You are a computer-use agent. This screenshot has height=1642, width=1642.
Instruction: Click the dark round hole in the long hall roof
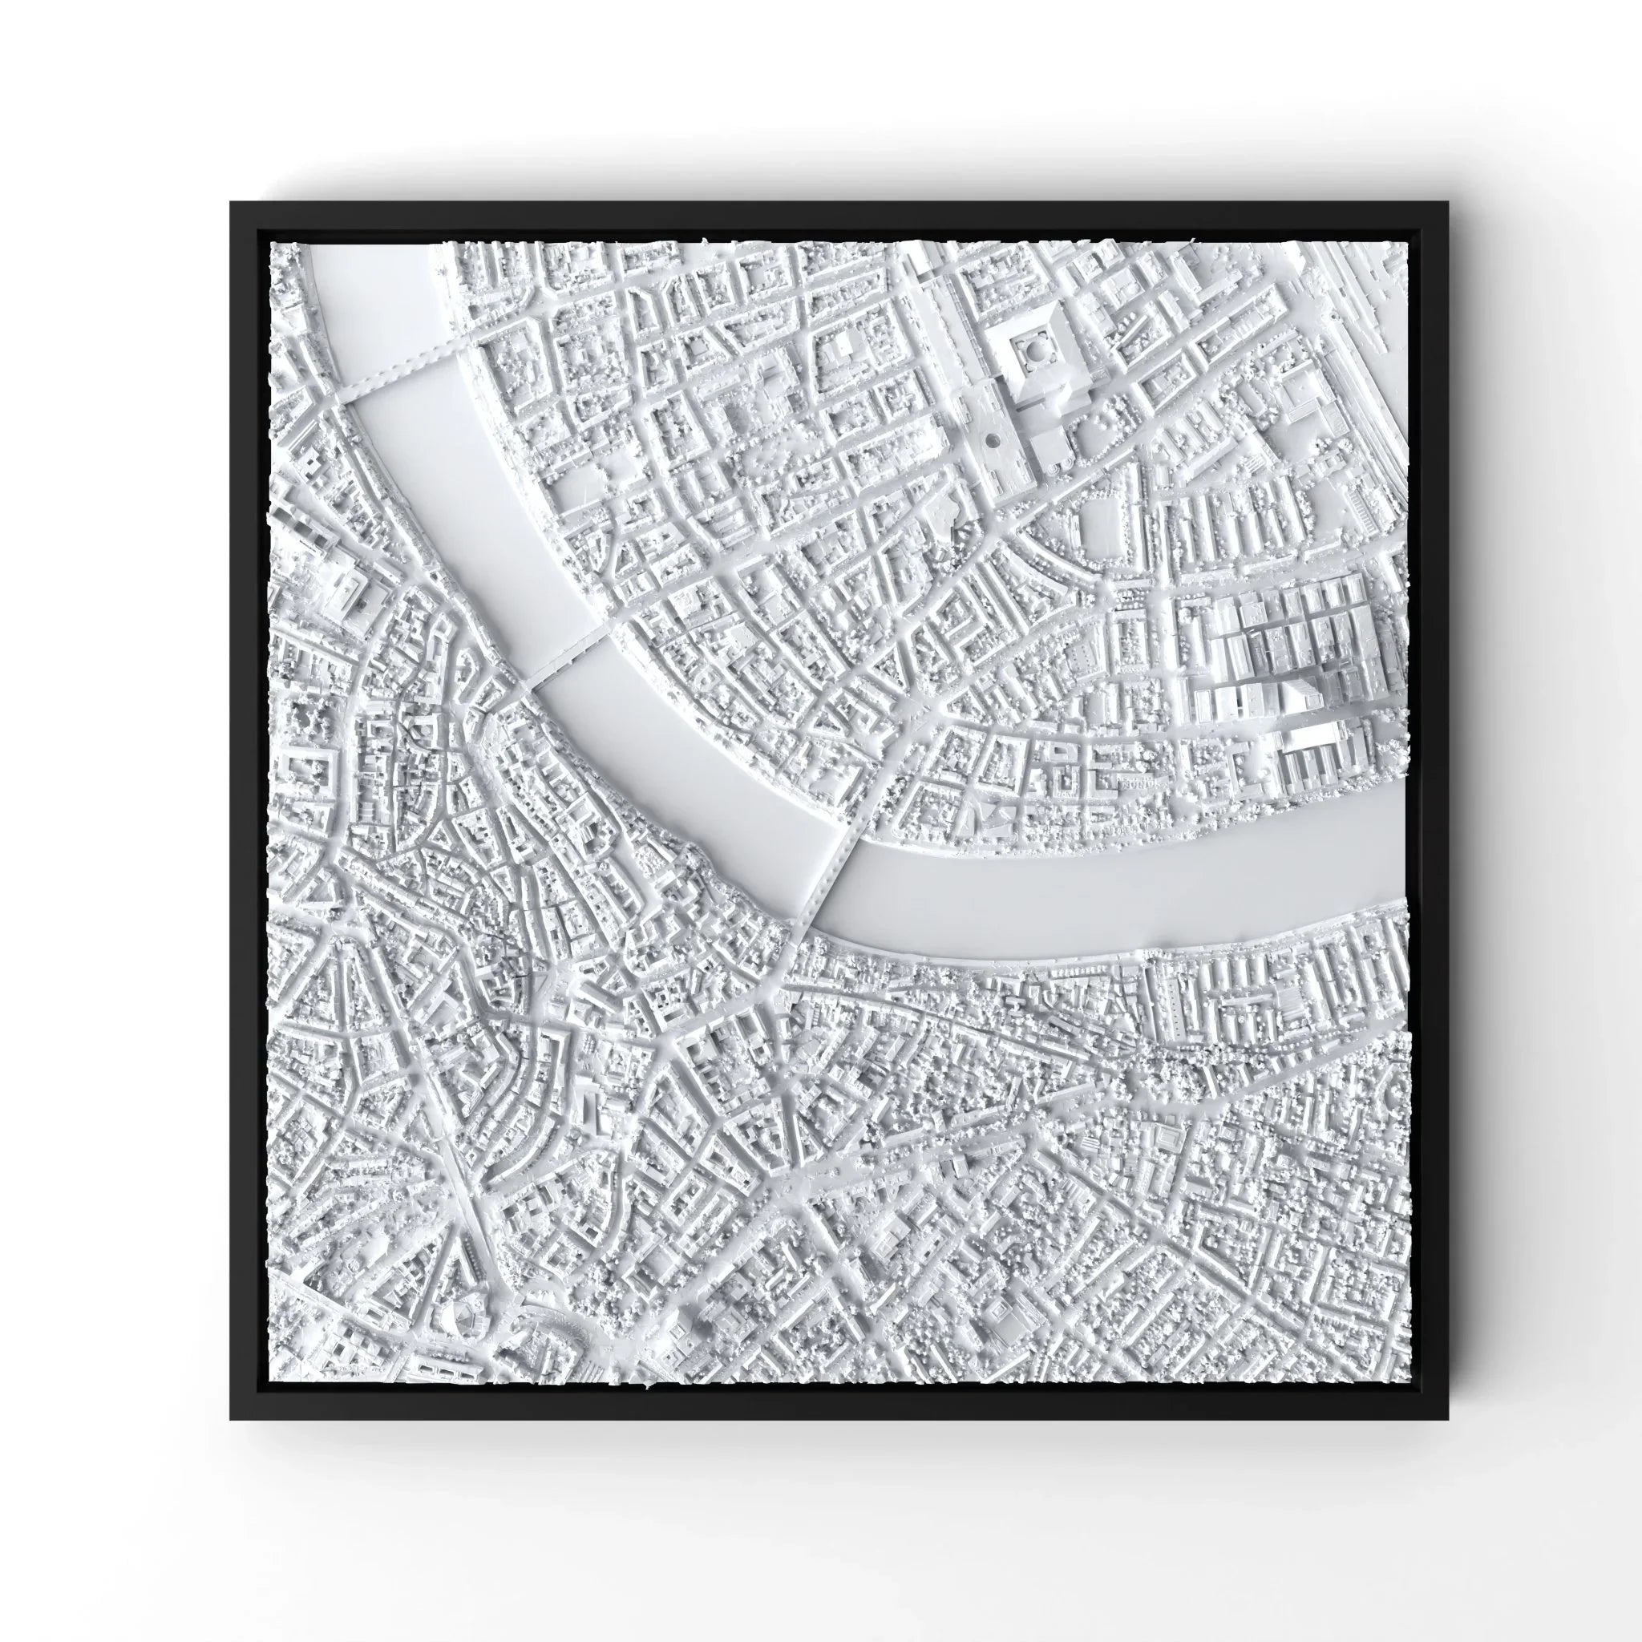(992, 440)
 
